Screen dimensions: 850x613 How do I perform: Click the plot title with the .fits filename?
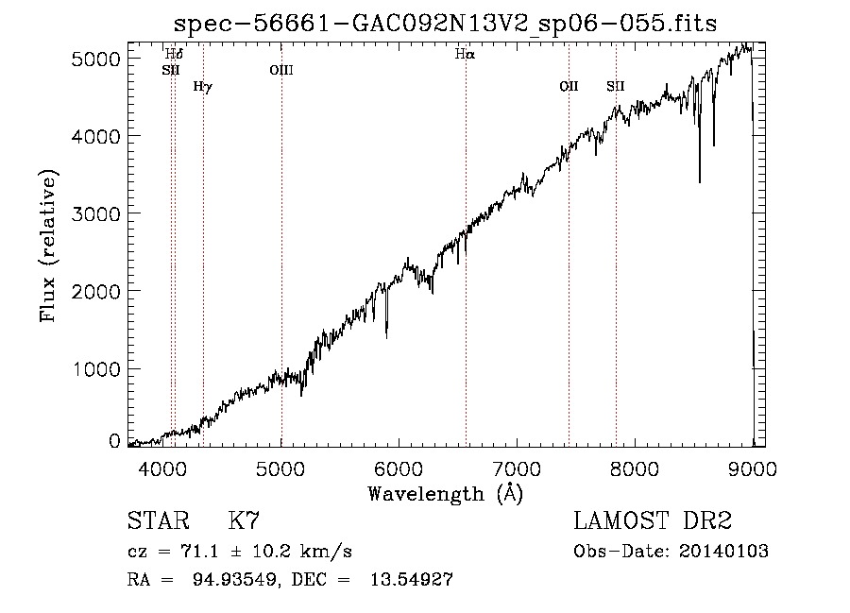click(x=445, y=24)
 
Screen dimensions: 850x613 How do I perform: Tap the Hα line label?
click(x=465, y=54)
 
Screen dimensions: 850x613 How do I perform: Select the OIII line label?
click(x=281, y=70)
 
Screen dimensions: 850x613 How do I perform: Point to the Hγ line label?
click(x=203, y=86)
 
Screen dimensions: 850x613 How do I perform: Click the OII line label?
click(x=569, y=86)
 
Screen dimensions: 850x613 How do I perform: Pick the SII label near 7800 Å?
click(x=615, y=86)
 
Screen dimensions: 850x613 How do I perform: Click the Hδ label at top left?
click(x=174, y=54)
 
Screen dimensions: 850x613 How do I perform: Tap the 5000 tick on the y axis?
click(x=95, y=59)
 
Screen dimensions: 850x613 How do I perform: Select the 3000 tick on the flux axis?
click(x=95, y=213)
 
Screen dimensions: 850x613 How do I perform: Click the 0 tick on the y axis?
click(x=114, y=441)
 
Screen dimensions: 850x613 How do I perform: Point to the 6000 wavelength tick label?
click(x=399, y=468)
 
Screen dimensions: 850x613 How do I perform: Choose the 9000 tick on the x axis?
click(x=753, y=468)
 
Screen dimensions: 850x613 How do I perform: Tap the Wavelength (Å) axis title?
click(x=446, y=493)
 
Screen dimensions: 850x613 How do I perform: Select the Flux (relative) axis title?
click(x=48, y=247)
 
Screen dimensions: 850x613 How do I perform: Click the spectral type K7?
click(x=244, y=520)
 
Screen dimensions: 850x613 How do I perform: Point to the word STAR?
click(x=159, y=520)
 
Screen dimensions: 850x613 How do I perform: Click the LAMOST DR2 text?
click(x=653, y=520)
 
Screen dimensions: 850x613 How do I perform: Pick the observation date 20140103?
click(x=723, y=552)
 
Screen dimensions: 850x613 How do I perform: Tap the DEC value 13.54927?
click(x=412, y=579)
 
